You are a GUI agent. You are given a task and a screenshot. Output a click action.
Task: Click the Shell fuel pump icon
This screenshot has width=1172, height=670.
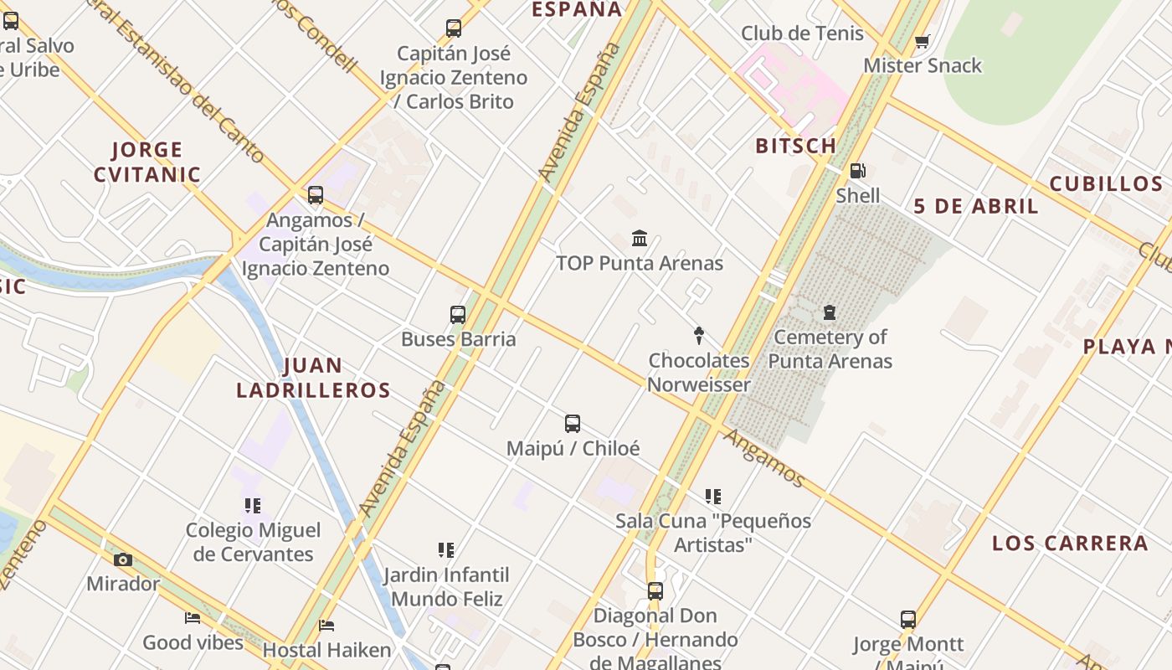pos(857,171)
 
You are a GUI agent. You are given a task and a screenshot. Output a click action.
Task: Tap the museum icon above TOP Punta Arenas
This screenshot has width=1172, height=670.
pos(640,239)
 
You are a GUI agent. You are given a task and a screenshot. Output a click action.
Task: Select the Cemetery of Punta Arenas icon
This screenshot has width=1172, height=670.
pos(830,312)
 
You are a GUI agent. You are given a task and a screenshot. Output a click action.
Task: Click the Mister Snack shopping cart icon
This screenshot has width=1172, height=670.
pos(922,41)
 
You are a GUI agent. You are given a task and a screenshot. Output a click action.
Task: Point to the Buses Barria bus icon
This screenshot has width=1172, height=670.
pos(457,315)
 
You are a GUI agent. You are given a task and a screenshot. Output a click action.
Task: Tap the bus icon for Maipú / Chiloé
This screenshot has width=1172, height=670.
pos(573,424)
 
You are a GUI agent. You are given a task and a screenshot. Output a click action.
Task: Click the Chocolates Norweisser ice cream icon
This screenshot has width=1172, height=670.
pos(699,336)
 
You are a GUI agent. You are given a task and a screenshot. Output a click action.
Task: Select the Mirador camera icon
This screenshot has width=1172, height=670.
pos(123,559)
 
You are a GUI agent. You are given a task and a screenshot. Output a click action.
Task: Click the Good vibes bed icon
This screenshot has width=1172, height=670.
pos(193,618)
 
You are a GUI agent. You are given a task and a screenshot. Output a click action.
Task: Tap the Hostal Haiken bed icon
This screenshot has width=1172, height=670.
pos(326,625)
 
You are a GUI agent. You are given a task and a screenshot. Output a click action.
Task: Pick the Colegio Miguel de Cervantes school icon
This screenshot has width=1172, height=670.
pos(253,505)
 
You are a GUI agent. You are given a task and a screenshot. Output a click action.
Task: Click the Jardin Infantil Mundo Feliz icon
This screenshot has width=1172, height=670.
pos(446,550)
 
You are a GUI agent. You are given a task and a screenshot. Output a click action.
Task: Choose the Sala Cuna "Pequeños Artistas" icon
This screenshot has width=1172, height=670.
pos(712,497)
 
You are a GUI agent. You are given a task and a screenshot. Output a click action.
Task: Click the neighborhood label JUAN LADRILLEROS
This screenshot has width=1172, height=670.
pos(313,378)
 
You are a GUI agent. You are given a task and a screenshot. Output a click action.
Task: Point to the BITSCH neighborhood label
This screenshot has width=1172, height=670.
pos(796,146)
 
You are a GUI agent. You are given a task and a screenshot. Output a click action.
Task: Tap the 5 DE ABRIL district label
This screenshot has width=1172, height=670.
pos(975,206)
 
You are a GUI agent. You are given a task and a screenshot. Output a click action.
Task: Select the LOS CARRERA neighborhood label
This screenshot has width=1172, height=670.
pos(1070,543)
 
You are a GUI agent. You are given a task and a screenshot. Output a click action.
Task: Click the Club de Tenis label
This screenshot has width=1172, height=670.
pos(802,33)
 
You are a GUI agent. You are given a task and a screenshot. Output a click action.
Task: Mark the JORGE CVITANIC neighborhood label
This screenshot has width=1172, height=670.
pos(146,162)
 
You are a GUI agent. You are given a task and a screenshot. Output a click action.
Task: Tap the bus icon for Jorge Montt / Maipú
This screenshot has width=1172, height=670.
pos(908,620)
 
